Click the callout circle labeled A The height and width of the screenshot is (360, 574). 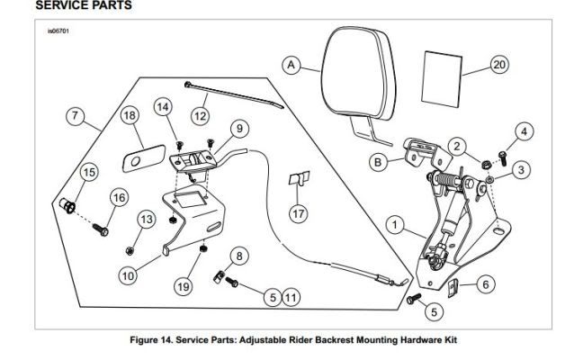click(x=291, y=65)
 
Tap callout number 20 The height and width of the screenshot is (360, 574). click(x=500, y=65)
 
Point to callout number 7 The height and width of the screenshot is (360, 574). click(x=76, y=116)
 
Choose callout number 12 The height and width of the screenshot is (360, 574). click(x=200, y=115)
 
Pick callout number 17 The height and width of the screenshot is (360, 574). click(x=298, y=213)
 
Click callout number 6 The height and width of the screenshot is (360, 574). click(x=485, y=284)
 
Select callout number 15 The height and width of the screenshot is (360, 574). click(x=89, y=171)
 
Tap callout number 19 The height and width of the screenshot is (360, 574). click(x=183, y=286)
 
